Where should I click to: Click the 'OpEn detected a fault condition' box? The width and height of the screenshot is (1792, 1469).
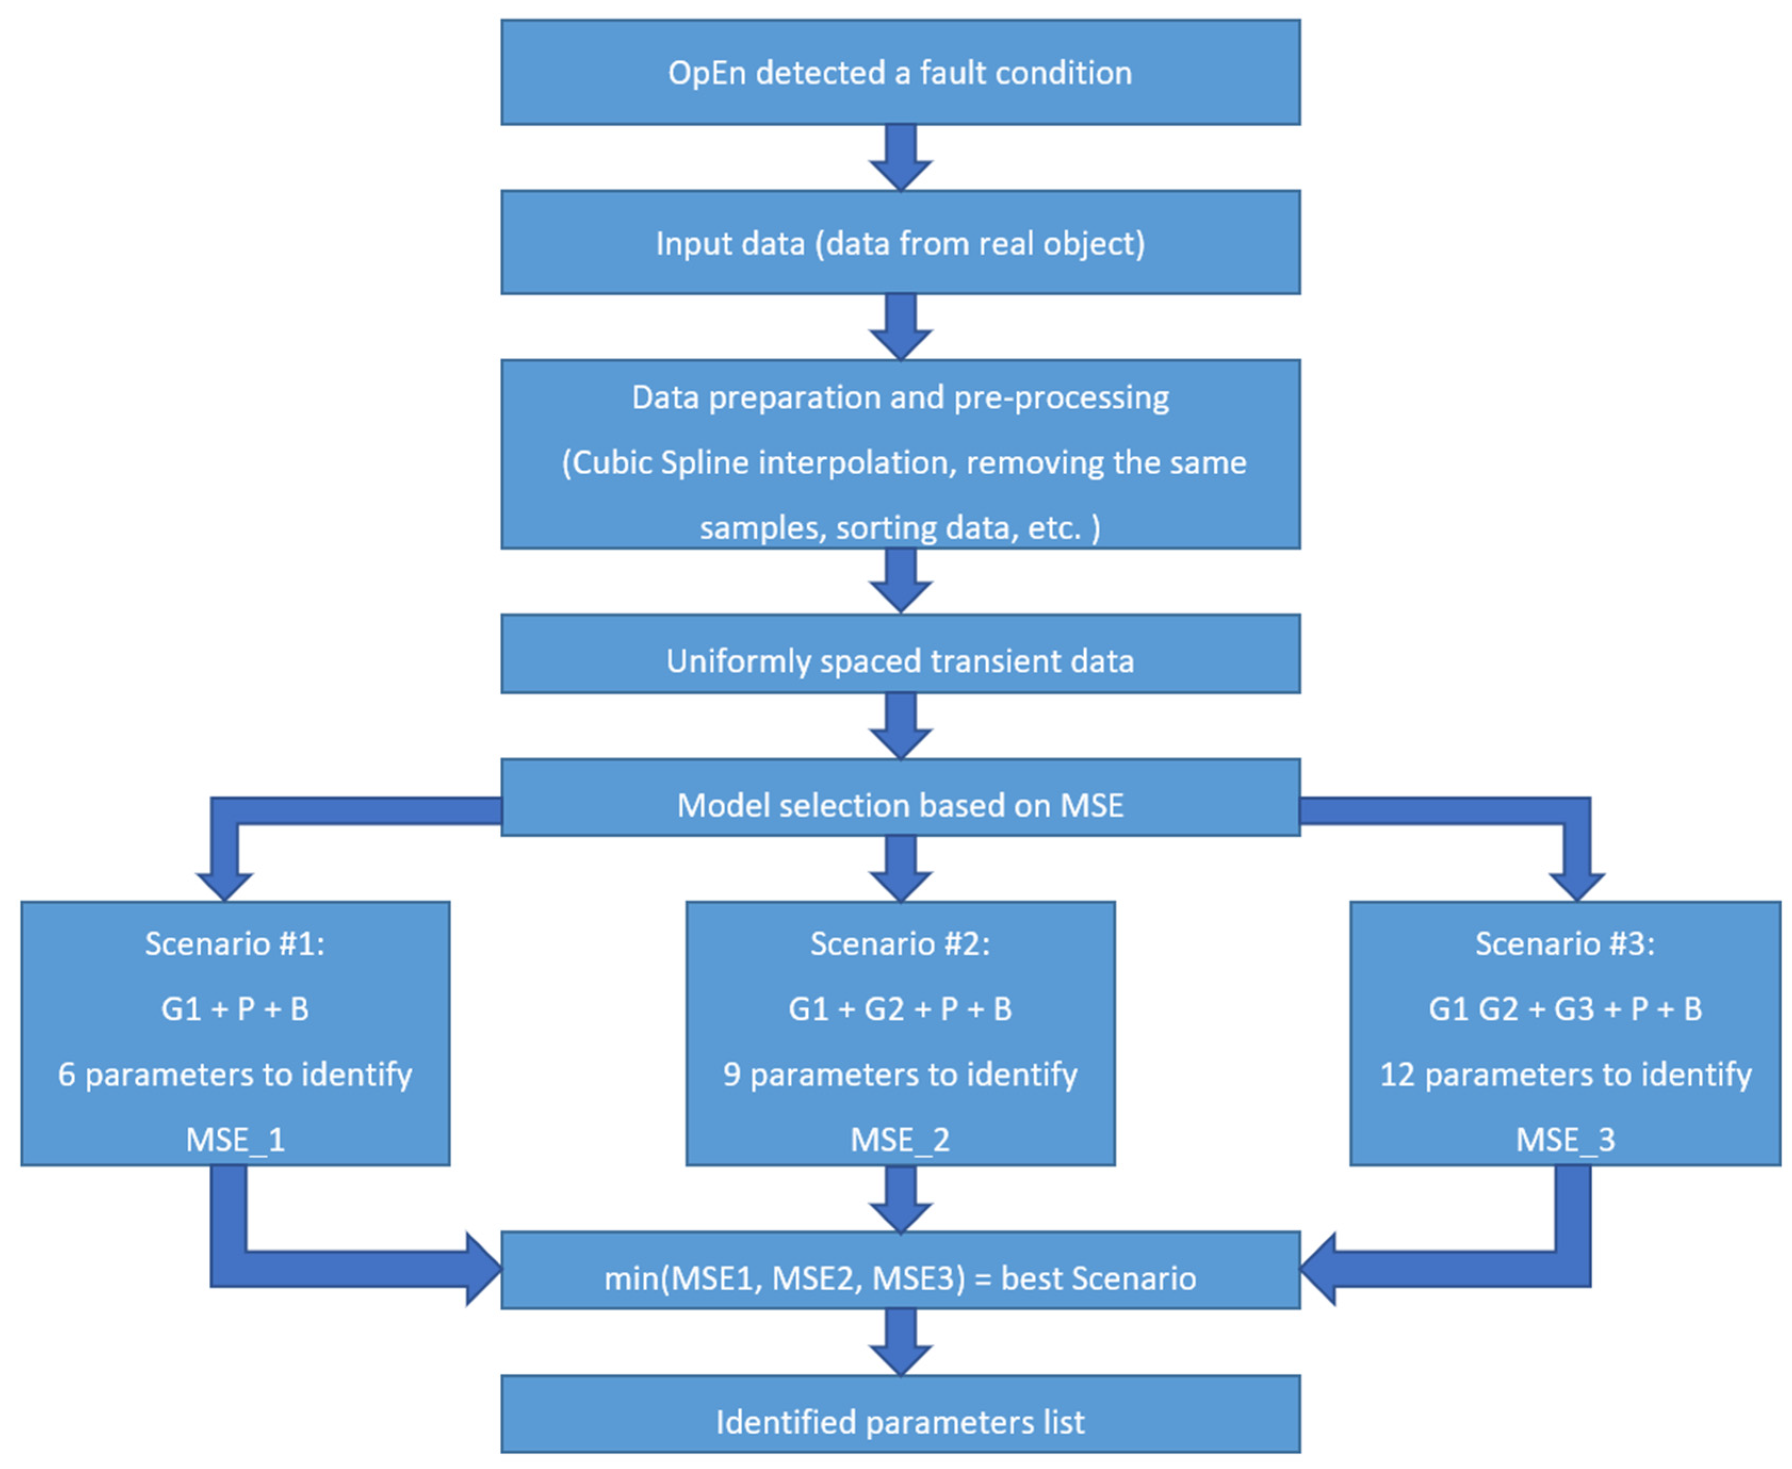click(899, 73)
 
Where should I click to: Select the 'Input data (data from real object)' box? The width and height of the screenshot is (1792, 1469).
click(899, 243)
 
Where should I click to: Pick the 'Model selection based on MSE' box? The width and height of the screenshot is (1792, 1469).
click(899, 805)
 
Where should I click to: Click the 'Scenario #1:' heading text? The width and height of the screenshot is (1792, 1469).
click(234, 943)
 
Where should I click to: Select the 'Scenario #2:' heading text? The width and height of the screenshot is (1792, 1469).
click(899, 943)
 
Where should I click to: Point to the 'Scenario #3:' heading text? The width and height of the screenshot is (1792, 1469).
click(1565, 943)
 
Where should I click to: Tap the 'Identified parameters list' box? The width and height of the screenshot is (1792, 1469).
click(899, 1422)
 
